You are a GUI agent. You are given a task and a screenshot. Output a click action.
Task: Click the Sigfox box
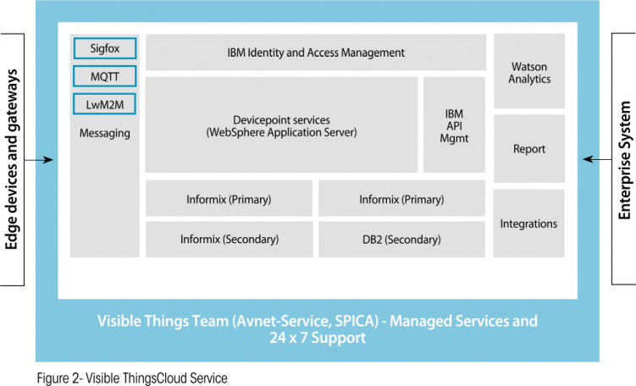coord(104,49)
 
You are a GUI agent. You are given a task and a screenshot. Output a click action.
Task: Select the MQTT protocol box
coord(104,77)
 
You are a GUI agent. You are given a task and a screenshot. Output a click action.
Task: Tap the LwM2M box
coord(104,105)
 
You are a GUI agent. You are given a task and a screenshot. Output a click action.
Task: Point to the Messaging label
coord(104,133)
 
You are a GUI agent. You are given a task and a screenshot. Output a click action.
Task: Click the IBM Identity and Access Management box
coord(316,52)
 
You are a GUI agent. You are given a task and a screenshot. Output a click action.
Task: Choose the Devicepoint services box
coord(281,125)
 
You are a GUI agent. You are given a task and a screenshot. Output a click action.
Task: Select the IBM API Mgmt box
coord(454,125)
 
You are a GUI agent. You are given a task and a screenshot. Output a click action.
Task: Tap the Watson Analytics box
coord(530,72)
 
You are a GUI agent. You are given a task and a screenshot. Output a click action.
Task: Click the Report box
coord(529,149)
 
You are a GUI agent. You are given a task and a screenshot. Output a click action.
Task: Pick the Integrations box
coord(529,223)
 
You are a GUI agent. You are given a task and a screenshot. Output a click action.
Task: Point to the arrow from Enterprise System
coord(598,160)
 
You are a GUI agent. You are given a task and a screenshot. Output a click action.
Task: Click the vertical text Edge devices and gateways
coord(12,159)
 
